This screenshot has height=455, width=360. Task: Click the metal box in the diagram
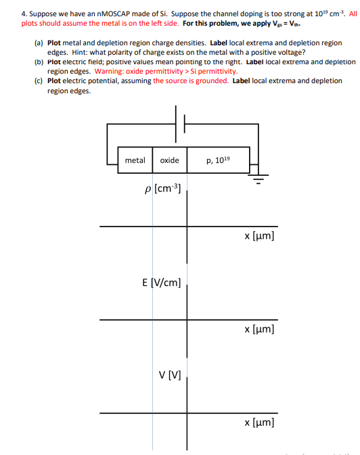pos(135,160)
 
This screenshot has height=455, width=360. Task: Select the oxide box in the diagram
pos(169,160)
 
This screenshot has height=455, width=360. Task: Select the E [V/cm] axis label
pos(160,281)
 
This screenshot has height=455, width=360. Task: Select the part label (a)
pos(38,43)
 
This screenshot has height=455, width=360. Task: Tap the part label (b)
pos(38,62)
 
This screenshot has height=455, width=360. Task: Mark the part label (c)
pos(38,81)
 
